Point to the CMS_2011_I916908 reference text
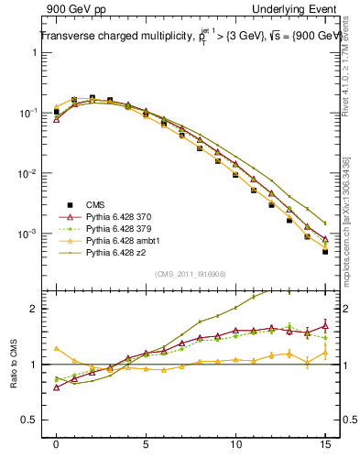pyautogui.click(x=190, y=274)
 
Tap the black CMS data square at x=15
pyautogui.click(x=325, y=252)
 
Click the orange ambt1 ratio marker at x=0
pyautogui.click(x=57, y=348)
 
